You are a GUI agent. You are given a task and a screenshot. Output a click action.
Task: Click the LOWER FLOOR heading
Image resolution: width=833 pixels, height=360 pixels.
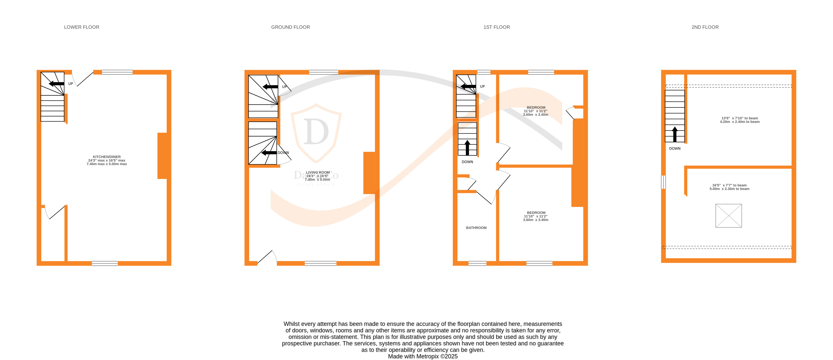81,27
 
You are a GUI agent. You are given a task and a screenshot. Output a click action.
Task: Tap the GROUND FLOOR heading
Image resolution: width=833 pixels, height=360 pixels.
290,27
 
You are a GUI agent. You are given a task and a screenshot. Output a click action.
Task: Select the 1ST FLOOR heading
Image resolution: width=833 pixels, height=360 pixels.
496,27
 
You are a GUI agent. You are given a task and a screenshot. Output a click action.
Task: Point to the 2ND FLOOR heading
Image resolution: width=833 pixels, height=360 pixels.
705,27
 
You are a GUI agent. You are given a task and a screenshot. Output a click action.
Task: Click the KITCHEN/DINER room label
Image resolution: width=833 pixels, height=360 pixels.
107,157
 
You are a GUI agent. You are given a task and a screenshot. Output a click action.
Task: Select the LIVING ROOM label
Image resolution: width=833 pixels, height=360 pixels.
318,173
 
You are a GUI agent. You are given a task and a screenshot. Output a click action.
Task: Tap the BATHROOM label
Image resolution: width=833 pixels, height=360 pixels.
476,228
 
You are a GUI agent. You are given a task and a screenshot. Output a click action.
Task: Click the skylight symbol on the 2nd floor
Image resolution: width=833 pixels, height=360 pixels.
728,216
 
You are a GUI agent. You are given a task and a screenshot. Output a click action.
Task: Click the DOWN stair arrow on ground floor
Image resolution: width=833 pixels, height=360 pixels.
269,153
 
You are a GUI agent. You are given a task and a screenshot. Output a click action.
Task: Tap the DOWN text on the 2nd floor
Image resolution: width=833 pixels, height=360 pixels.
675,149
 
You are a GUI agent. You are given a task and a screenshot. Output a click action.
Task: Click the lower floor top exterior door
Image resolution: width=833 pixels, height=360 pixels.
83,79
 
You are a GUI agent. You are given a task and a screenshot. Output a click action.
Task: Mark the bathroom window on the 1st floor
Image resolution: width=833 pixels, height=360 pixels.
477,264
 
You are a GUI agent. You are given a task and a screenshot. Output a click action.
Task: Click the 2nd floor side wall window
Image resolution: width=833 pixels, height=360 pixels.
663,182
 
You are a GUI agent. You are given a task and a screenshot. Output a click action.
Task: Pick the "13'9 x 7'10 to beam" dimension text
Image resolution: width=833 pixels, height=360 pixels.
740,118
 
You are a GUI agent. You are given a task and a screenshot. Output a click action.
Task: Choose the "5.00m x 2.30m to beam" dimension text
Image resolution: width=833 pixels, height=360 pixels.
729,189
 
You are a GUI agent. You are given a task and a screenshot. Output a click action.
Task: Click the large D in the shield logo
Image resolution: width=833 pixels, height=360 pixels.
316,132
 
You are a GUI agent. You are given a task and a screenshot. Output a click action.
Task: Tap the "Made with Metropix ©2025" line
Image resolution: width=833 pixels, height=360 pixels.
423,356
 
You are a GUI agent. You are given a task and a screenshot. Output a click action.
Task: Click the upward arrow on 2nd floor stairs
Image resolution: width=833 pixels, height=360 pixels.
675,134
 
